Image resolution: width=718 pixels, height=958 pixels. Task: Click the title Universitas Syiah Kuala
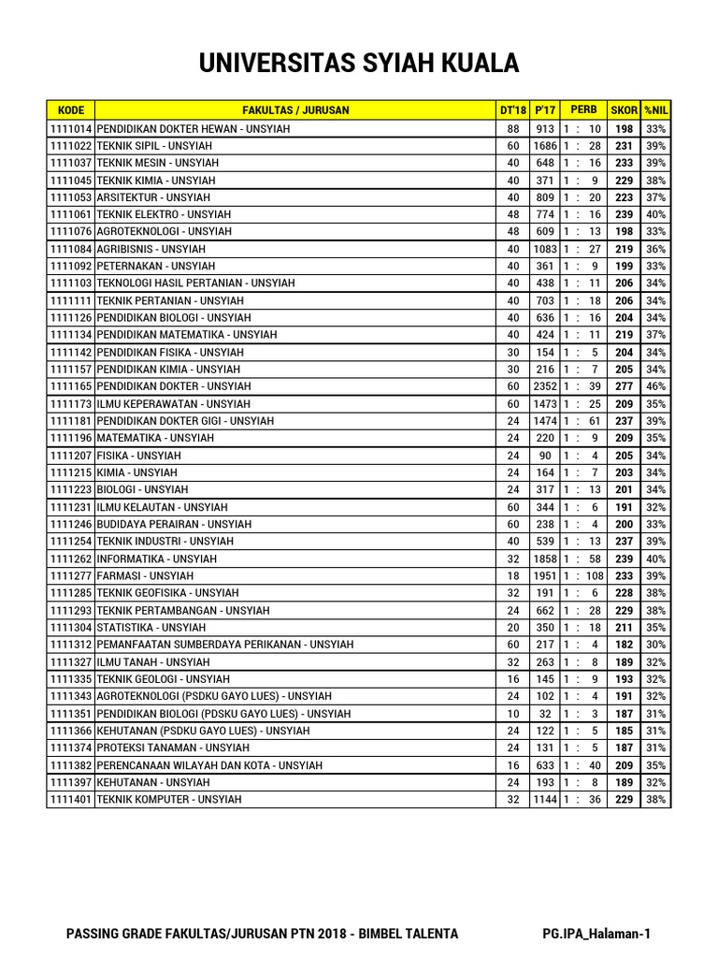click(x=358, y=64)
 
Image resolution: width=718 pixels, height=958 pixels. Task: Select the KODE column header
click(x=70, y=110)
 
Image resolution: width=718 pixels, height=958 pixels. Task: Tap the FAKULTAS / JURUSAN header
click(x=295, y=110)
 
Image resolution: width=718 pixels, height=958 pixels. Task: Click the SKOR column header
click(x=624, y=110)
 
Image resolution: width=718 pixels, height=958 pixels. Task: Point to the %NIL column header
click(x=656, y=110)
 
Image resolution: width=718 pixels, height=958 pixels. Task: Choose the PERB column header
click(x=583, y=110)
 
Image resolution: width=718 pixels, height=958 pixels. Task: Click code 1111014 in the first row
click(x=71, y=129)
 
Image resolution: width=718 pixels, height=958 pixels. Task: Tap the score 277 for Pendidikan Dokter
click(x=624, y=386)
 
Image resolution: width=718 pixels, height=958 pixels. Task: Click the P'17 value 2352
click(x=545, y=386)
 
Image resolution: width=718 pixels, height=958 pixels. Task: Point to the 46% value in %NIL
click(x=656, y=386)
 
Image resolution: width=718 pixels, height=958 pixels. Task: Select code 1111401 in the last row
click(x=71, y=800)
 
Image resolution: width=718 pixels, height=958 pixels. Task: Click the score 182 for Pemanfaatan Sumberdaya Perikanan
click(x=624, y=645)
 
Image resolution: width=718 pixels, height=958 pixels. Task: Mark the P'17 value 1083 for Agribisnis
click(x=545, y=250)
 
